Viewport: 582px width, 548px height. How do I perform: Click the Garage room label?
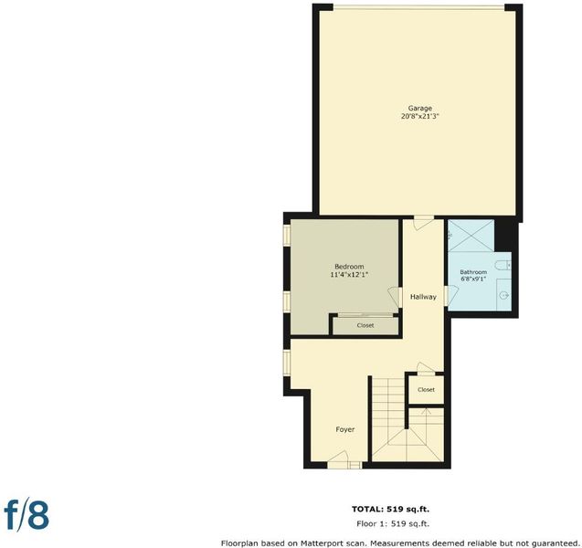coord(419,109)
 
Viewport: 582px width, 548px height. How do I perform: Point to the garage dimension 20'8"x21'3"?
coord(419,116)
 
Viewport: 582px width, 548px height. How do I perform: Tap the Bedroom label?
coord(349,267)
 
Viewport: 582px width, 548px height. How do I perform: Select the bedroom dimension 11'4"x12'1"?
coord(349,275)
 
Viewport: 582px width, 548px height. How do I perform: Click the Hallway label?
coord(423,297)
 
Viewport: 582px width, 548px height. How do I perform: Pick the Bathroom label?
coord(473,272)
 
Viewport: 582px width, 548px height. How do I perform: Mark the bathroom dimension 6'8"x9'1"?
coord(473,279)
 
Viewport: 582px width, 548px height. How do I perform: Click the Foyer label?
coord(344,429)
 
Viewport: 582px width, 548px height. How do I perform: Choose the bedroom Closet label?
coord(365,325)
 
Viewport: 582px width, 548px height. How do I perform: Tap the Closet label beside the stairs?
coord(426,390)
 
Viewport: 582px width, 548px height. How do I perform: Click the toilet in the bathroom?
coord(503,265)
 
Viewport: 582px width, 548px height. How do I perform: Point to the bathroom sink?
coord(504,295)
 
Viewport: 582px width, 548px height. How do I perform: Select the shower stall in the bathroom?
coord(471,236)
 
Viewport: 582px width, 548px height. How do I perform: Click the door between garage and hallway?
coord(423,222)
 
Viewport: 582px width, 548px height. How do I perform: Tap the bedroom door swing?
coord(395,297)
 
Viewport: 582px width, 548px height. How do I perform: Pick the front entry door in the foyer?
coord(338,459)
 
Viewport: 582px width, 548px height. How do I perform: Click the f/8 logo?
coord(26,515)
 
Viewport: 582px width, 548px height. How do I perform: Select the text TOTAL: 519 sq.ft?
coord(390,509)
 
